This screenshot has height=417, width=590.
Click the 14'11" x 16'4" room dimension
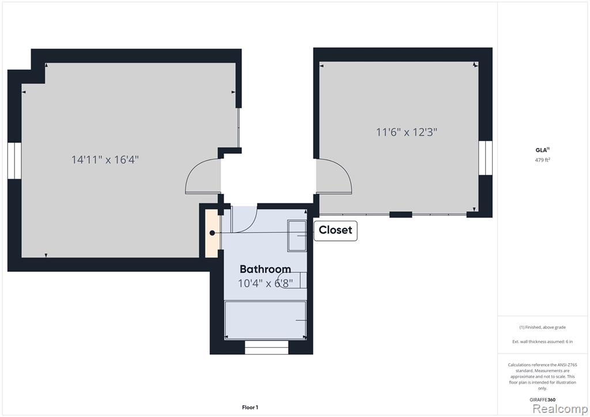pyautogui.click(x=105, y=160)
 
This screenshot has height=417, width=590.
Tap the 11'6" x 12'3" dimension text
pyautogui.click(x=406, y=132)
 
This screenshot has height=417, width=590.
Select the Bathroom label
pyautogui.click(x=265, y=269)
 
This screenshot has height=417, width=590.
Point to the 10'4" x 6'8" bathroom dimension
pyautogui.click(x=265, y=283)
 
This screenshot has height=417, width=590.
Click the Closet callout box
pyautogui.click(x=335, y=230)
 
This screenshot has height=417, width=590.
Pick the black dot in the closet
pyautogui.click(x=212, y=233)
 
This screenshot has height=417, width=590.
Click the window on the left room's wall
pyautogui.click(x=14, y=161)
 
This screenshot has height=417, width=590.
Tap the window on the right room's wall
pyautogui.click(x=485, y=158)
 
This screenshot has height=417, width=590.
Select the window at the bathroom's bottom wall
pyautogui.click(x=266, y=347)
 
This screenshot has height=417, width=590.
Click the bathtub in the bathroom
pyautogui.click(x=265, y=320)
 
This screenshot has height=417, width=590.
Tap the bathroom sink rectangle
pyautogui.click(x=297, y=236)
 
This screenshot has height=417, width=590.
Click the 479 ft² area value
pyautogui.click(x=542, y=160)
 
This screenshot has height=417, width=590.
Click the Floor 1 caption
pyautogui.click(x=250, y=407)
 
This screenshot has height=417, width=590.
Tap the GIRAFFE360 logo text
pyautogui.click(x=542, y=400)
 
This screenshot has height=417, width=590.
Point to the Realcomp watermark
pyautogui.click(x=560, y=408)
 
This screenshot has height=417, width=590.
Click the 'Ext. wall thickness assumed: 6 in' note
pyautogui.click(x=542, y=342)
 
